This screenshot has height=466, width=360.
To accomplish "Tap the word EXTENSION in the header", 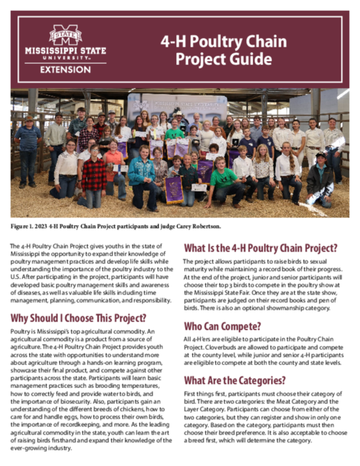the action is pos(65,70).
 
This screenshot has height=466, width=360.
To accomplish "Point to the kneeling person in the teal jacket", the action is pos(142,176).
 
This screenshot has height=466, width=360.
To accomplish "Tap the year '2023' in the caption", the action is pos(47,227).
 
